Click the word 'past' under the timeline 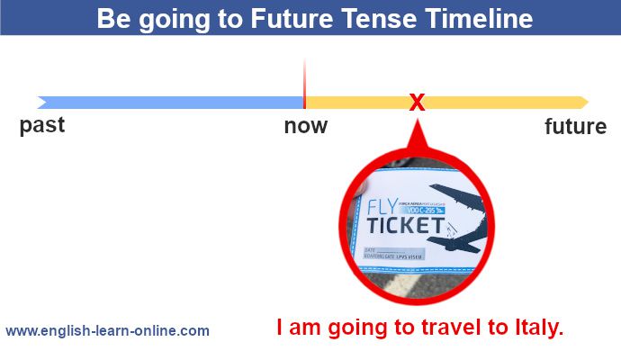pos(42,125)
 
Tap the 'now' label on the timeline pos(306,126)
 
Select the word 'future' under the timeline pos(576,127)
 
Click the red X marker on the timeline pos(417,102)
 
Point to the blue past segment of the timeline pos(171,102)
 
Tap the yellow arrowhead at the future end pos(583,102)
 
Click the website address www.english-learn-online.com pos(107,330)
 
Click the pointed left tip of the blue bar pos(40,102)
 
